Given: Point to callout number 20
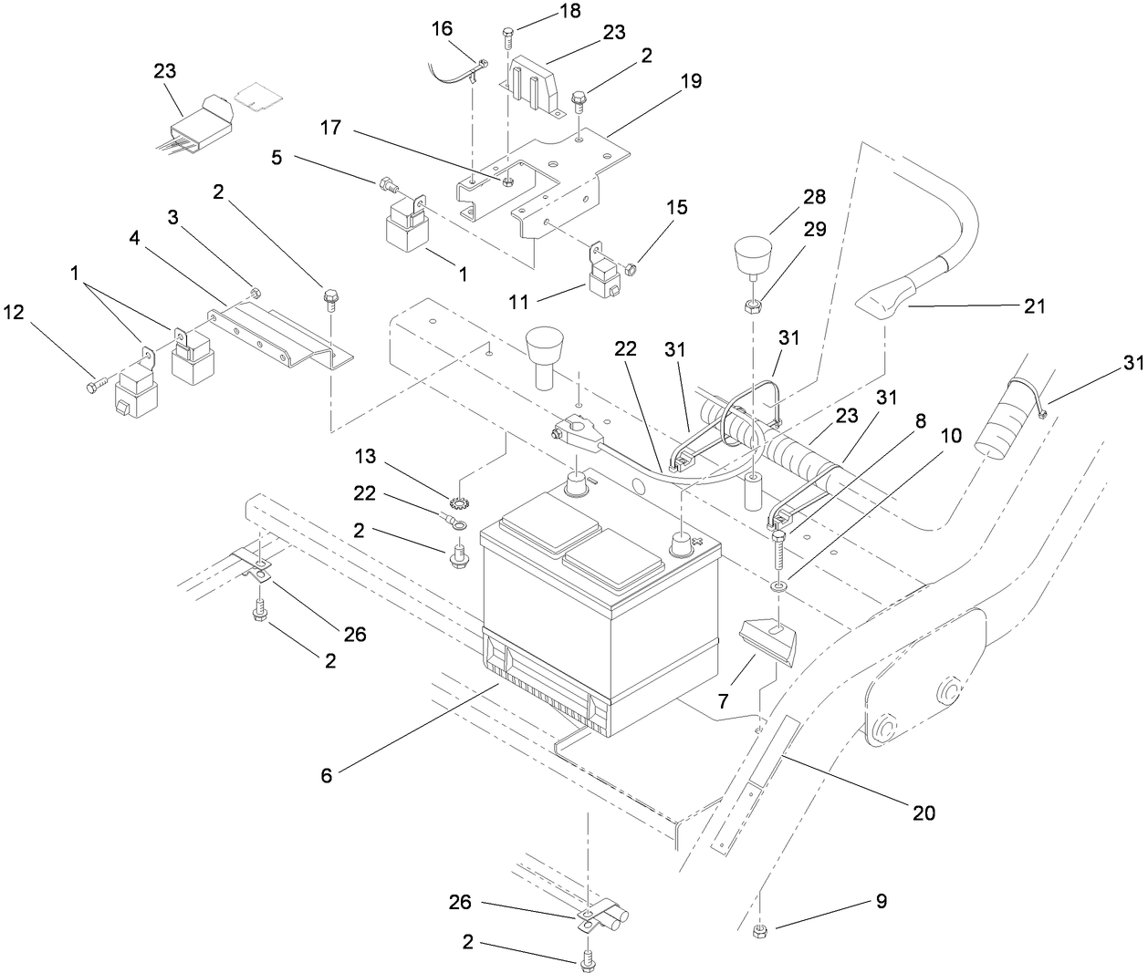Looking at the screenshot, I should tap(924, 811).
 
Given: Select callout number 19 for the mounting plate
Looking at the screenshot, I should tap(691, 81).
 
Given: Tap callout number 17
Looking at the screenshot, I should tap(330, 128).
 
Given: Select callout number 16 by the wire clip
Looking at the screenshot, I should tap(442, 30).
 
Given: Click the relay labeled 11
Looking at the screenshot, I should tap(605, 276).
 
